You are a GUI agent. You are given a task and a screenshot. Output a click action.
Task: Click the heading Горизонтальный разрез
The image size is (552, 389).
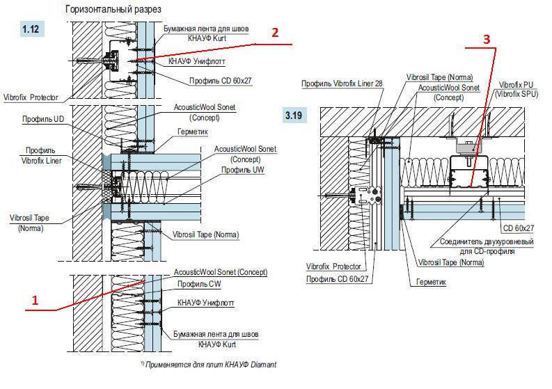[x=113, y=10]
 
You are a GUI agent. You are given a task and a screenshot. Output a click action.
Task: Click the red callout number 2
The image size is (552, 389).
[x=276, y=32]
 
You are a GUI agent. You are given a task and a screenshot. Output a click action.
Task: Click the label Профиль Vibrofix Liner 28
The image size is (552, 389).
[x=342, y=83]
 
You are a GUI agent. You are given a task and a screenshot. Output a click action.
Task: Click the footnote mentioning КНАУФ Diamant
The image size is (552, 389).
[x=210, y=364]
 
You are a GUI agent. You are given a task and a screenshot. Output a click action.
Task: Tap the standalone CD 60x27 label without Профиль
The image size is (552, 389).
[x=518, y=228]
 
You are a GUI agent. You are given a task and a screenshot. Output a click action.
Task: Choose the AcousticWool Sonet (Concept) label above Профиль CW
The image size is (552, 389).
[x=220, y=272]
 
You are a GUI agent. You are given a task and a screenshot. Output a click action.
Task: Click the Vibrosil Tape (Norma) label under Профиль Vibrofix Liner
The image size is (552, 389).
[x=35, y=223]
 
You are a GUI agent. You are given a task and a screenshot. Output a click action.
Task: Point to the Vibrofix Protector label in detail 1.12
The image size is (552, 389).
[x=31, y=97]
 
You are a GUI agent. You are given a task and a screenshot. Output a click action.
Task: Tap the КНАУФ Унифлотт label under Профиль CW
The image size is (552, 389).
[x=205, y=303]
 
